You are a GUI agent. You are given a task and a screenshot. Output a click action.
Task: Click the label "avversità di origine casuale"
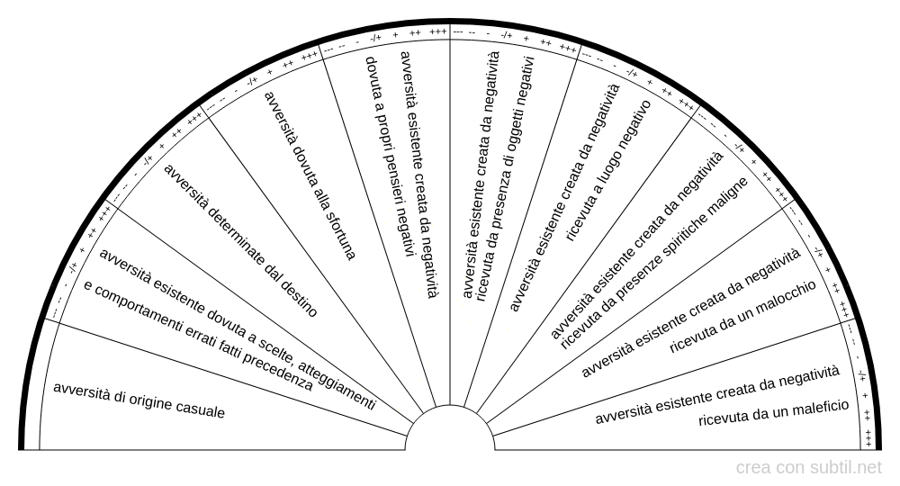click(139, 401)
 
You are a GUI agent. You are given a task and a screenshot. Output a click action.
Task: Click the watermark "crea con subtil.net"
click(808, 468)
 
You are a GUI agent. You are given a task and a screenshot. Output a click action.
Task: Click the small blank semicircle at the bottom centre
click(450, 432)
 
